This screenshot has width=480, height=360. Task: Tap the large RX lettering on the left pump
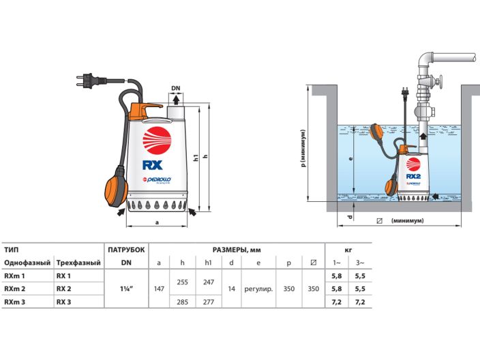point(153,164)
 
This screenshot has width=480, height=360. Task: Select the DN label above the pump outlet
point(175,88)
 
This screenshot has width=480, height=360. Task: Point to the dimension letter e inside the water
point(350,158)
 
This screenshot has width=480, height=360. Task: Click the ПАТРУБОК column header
point(126,250)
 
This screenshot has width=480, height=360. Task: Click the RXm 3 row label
point(15,301)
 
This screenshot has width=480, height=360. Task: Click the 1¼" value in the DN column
point(126,288)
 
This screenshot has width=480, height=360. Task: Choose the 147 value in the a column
point(159,288)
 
